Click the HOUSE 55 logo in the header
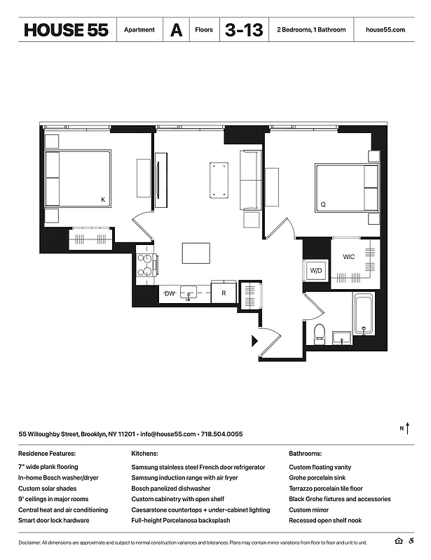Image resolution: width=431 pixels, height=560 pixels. pyautogui.click(x=66, y=30)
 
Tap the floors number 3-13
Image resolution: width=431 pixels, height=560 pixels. pyautogui.click(x=244, y=30)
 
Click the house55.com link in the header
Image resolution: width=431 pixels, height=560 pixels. pyautogui.click(x=385, y=30)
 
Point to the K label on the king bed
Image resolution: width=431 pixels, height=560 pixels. pyautogui.click(x=103, y=200)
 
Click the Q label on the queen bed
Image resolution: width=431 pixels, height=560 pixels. pyautogui.click(x=323, y=204)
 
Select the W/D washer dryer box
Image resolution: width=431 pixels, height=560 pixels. pyautogui.click(x=316, y=271)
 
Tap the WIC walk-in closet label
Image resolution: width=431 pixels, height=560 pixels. pyautogui.click(x=349, y=257)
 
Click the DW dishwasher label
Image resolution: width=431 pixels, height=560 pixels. pyautogui.click(x=170, y=294)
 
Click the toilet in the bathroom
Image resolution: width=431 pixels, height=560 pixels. pyautogui.click(x=320, y=332)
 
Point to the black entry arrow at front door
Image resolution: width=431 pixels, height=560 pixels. pyautogui.click(x=255, y=341)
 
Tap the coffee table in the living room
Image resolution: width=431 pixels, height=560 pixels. pyautogui.click(x=219, y=180)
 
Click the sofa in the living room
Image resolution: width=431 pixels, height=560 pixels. pyautogui.click(x=250, y=180)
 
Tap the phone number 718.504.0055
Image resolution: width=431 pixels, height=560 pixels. pyautogui.click(x=222, y=434)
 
